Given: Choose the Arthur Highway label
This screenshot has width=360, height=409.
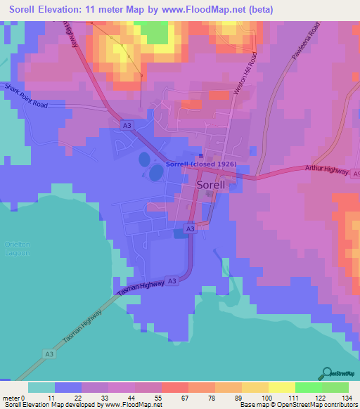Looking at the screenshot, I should click(x=327, y=171).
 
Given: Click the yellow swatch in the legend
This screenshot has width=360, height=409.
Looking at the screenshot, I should click(x=282, y=387).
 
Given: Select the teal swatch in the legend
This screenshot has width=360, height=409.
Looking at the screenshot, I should click(x=41, y=387).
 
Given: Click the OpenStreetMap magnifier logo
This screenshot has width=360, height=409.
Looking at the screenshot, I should click(x=328, y=373).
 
